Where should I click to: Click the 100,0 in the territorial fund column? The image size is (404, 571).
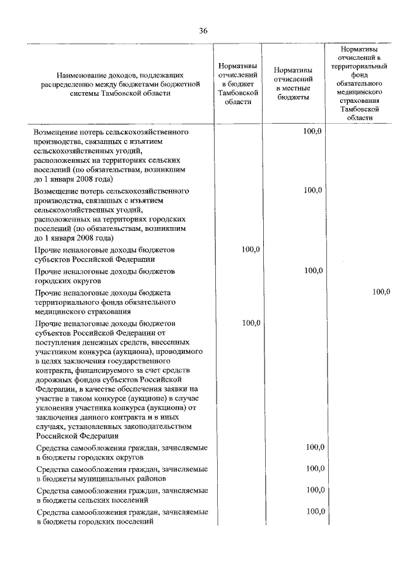(382, 291)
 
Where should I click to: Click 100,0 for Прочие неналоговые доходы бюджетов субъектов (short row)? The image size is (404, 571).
(251, 250)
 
